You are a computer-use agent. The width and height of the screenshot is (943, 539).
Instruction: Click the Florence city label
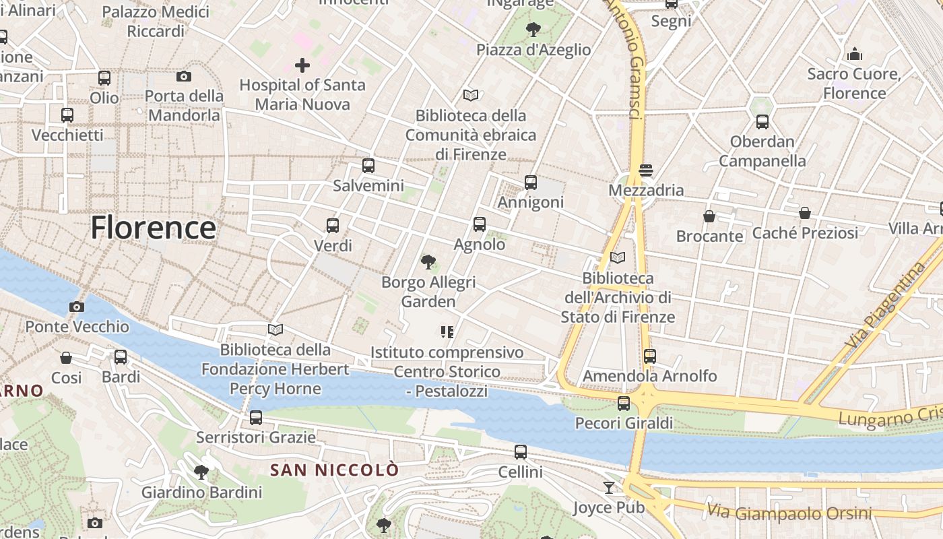[x=154, y=228]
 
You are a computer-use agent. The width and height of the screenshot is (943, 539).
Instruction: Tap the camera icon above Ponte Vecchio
[x=77, y=307]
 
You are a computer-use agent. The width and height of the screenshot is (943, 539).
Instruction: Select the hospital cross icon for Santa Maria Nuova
[x=302, y=65]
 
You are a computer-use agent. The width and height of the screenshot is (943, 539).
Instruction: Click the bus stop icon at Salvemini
[x=368, y=166]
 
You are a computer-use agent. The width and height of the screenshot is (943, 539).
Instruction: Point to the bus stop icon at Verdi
[x=333, y=226]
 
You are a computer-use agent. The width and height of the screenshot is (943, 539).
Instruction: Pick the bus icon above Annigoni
[x=531, y=183]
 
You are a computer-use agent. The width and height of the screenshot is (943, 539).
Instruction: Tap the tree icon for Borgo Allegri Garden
[x=428, y=262]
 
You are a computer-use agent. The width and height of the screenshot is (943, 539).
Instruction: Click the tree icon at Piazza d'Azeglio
[x=533, y=30]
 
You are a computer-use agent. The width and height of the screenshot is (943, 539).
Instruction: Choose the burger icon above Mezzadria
[x=646, y=170]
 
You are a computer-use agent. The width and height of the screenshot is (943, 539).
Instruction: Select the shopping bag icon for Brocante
[x=709, y=216]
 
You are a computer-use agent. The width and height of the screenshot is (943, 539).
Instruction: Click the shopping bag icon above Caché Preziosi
[x=805, y=214]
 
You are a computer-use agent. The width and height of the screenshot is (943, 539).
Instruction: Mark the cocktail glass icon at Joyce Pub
[x=609, y=487]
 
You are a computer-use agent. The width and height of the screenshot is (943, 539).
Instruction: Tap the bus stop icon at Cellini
[x=521, y=452]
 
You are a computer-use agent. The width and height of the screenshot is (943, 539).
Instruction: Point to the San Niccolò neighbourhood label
[x=335, y=470]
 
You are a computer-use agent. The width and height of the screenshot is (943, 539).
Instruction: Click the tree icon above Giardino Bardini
[x=201, y=472]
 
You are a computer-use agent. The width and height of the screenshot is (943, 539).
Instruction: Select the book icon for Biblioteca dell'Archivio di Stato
[x=618, y=257]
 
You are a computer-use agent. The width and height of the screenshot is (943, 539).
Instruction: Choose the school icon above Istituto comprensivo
[x=447, y=332]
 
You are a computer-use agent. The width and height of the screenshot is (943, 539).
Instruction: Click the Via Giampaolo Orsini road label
[x=789, y=513]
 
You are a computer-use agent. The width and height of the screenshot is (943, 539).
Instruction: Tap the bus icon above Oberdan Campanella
[x=762, y=122]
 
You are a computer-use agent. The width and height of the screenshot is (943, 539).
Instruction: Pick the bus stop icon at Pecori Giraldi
[x=624, y=404]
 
